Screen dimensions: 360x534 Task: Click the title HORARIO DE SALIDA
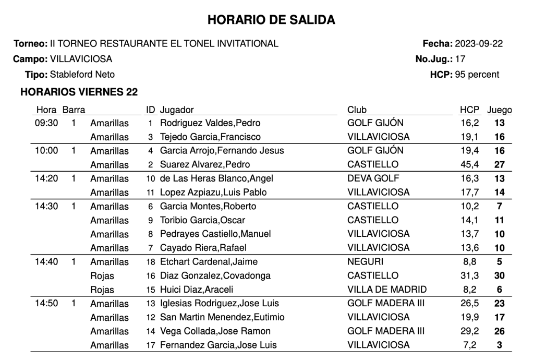271,20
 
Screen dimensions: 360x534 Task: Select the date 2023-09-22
479,44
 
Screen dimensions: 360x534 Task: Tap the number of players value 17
460,59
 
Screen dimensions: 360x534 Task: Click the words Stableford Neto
82,75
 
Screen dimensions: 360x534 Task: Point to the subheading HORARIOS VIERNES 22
79,92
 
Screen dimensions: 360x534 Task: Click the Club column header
357,110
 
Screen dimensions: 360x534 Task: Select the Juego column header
499,110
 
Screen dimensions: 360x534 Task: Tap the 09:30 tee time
46,124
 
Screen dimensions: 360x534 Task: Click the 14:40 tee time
46,262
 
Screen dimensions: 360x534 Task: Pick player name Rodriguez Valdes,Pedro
210,124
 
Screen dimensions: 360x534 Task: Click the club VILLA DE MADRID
386,290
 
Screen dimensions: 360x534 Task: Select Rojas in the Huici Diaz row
102,290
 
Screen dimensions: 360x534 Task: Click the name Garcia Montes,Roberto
208,207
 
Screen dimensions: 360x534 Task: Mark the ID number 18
151,262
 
